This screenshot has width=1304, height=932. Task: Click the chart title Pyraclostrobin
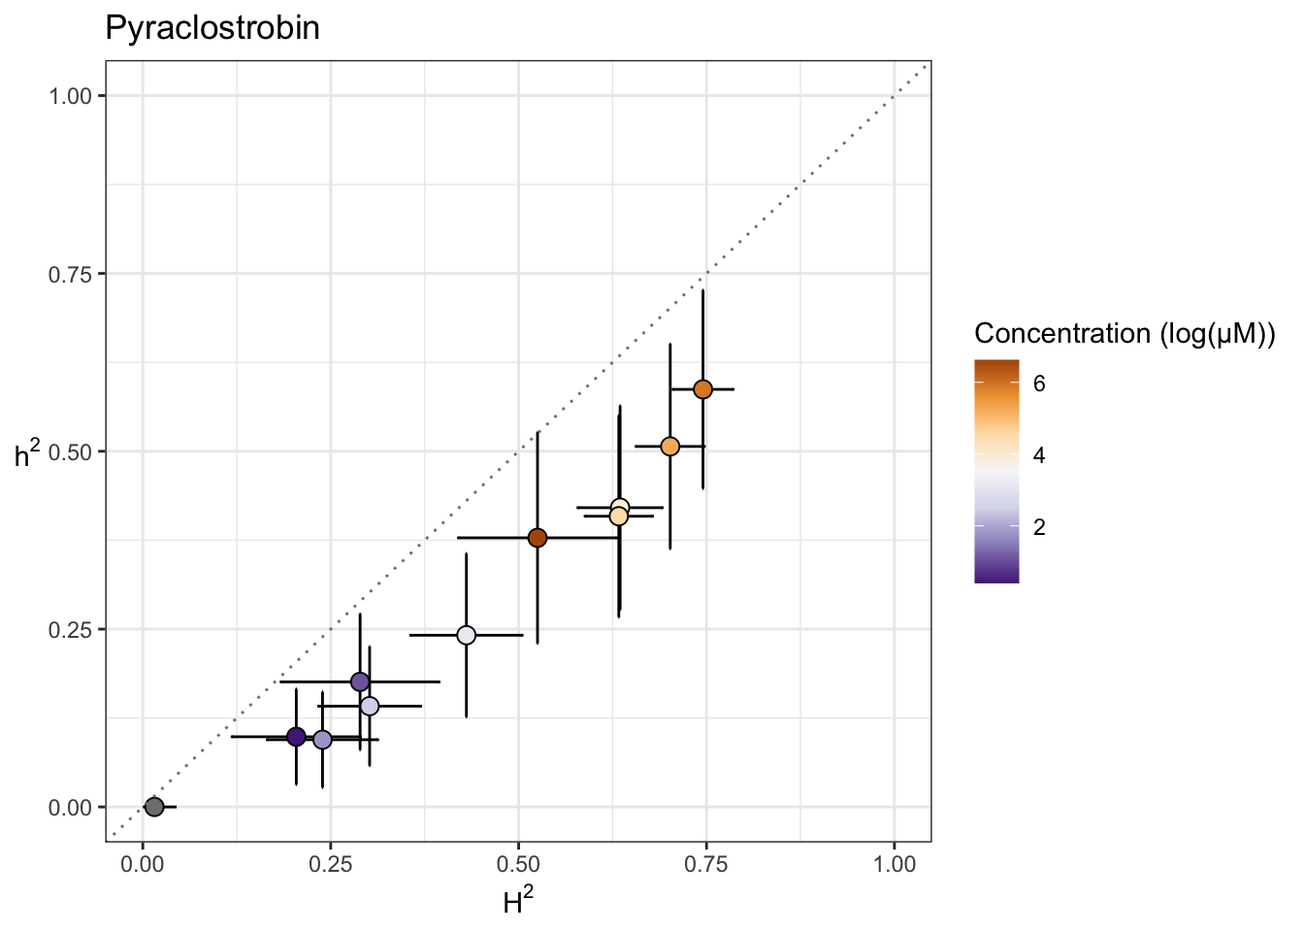click(x=212, y=28)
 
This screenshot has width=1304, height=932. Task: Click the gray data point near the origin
click(x=154, y=807)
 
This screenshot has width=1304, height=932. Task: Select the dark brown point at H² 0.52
click(x=538, y=538)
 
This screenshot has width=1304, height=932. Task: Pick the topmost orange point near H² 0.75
click(x=703, y=389)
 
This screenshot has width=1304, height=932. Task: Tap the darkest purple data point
click(x=297, y=737)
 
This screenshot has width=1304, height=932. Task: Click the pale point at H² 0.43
click(x=467, y=635)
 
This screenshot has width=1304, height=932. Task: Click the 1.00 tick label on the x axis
click(x=895, y=865)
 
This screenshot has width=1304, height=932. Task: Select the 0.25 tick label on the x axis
click(x=331, y=865)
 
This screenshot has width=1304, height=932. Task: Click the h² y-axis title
click(x=27, y=452)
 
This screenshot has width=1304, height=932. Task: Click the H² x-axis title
click(x=518, y=903)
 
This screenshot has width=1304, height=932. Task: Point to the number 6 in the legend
click(x=1039, y=383)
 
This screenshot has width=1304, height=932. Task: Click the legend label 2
click(x=1039, y=527)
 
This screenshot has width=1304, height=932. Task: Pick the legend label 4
click(x=1039, y=455)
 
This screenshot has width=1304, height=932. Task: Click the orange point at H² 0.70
click(x=670, y=447)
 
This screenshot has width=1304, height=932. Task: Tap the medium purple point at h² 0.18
click(x=360, y=682)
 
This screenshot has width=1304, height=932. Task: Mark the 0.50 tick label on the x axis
click(x=518, y=865)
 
